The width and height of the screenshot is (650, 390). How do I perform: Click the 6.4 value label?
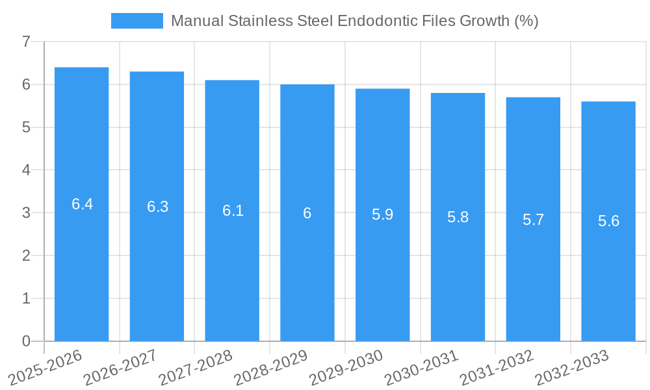tap(82, 204)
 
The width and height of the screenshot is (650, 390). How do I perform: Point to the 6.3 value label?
tap(157, 207)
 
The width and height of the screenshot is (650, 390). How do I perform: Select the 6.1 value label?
tap(233, 211)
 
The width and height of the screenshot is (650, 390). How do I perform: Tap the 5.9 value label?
tap(382, 214)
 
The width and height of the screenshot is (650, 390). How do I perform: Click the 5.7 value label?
tap(533, 220)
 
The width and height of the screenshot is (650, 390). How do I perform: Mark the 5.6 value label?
tap(608, 221)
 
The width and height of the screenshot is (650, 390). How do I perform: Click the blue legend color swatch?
tap(136, 21)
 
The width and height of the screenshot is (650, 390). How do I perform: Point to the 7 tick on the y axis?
tap(26, 42)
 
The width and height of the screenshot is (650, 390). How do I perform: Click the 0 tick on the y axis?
tap(26, 341)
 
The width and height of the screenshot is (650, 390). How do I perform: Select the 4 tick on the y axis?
tap(26, 170)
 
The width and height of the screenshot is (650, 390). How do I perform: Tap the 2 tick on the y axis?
tap(26, 255)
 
